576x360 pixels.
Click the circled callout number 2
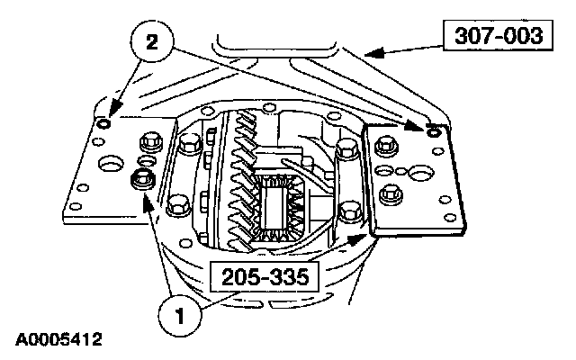[152, 42]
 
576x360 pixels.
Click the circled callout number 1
[180, 316]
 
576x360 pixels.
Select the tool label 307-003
[498, 36]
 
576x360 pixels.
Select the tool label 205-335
[265, 276]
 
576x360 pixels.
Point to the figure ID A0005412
[58, 339]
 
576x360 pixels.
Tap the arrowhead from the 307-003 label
[374, 53]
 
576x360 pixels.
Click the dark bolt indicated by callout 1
[143, 180]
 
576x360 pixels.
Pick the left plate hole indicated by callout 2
[103, 123]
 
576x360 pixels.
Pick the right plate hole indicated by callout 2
[434, 131]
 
